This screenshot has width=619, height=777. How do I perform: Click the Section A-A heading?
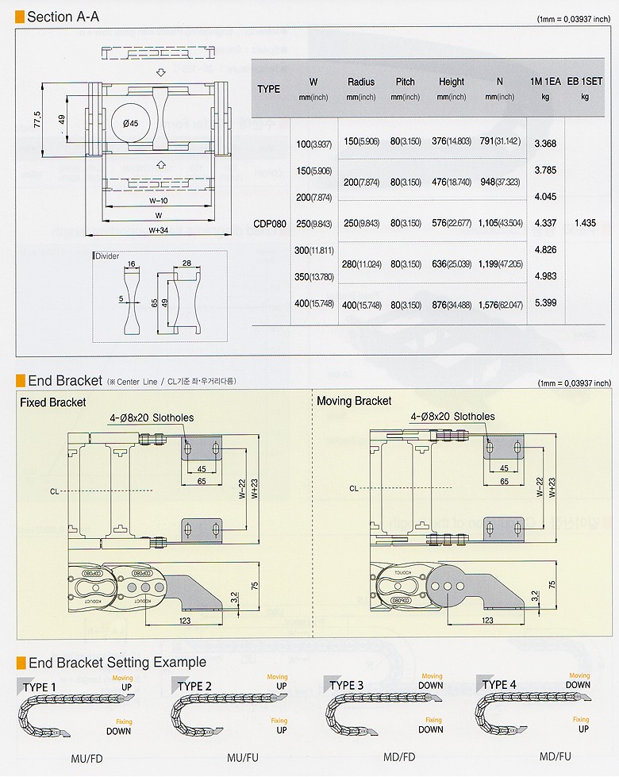pos(63,16)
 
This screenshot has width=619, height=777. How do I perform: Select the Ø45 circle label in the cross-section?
pos(130,123)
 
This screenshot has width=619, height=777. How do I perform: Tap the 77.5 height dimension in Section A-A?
pos(37,120)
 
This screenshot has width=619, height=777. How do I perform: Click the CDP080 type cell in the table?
pos(269,223)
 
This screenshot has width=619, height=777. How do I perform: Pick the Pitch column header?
pos(405,82)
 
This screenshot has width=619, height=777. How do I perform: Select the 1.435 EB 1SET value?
pos(584,223)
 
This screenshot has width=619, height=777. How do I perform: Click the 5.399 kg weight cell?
pos(545,302)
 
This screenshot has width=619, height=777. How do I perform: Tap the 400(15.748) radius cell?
pos(361,306)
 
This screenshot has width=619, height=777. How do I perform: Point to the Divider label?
pos(106,256)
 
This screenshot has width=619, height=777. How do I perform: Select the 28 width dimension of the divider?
pos(186,263)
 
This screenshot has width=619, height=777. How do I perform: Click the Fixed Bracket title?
pos(52,402)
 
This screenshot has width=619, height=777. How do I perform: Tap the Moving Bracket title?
pos(354,401)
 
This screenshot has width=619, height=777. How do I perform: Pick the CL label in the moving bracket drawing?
pos(354,488)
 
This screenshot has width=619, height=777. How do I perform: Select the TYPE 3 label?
pos(347,685)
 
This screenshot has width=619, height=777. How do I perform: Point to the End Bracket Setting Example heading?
pos(117,662)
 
